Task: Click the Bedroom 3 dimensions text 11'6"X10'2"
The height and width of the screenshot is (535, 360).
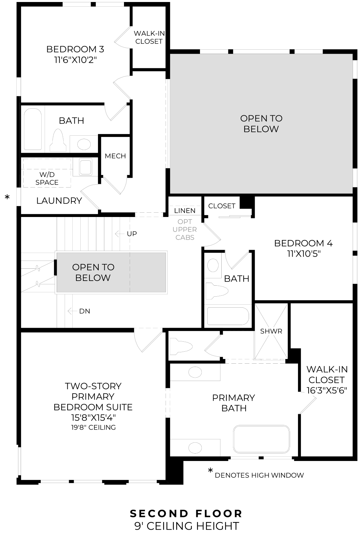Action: [x=75, y=60]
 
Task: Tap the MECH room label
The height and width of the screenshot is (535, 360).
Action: [x=115, y=156]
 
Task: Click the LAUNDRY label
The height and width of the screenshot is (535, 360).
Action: [x=59, y=201]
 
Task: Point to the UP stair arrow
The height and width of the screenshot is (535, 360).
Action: [x=118, y=234]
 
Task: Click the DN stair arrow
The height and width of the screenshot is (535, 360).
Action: [x=70, y=311]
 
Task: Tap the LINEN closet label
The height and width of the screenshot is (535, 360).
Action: [x=185, y=211]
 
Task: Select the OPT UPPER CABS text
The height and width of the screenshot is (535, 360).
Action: [x=185, y=230]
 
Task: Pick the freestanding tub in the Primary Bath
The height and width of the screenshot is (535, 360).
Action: [x=261, y=439]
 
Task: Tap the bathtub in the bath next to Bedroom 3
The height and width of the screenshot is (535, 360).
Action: [x=33, y=129]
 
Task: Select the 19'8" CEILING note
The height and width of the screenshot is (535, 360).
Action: [x=93, y=427]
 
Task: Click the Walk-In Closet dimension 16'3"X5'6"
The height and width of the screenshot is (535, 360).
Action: [x=327, y=390]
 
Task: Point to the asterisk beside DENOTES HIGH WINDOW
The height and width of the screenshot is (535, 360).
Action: [x=210, y=471]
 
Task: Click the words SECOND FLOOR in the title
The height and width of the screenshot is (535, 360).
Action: [x=186, y=513]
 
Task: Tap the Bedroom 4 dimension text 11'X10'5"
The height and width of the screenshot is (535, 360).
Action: [x=303, y=254]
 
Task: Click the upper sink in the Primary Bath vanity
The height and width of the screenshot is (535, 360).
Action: [x=195, y=372]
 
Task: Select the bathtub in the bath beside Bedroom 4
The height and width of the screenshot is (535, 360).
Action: [x=228, y=316]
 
